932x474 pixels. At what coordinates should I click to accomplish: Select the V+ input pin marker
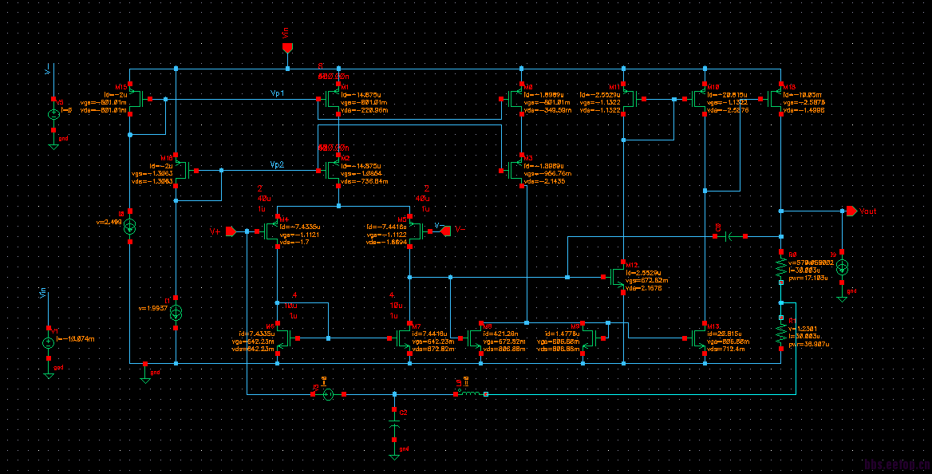coord(231,231)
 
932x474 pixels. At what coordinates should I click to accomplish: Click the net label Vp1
coord(278,94)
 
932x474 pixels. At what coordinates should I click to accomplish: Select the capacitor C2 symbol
coord(394,426)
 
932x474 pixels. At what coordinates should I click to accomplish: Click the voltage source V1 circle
coord(48,342)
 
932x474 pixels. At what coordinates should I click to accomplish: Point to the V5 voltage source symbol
coord(53,114)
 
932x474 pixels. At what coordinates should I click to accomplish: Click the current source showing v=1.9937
coord(176,310)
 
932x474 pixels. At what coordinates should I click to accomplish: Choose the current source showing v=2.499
coord(131,227)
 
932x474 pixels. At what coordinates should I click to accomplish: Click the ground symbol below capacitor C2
coord(394,454)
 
